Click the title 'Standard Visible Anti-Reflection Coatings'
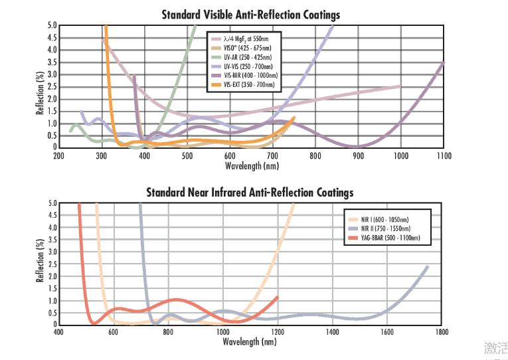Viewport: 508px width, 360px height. tap(250, 14)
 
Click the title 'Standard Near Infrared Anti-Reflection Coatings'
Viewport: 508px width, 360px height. tap(250, 193)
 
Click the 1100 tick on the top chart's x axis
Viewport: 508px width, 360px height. tap(444, 155)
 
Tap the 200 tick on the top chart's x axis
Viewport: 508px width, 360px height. tap(58, 155)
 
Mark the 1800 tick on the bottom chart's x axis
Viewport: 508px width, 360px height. tap(442, 332)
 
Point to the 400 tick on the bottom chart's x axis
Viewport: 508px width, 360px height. tap(58, 332)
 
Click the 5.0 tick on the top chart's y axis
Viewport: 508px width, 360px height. tap(52, 26)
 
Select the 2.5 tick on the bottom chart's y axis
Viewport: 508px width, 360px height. tap(52, 264)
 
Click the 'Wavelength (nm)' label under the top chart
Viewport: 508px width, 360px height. tap(252, 165)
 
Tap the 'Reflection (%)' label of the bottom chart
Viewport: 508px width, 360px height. tap(40, 263)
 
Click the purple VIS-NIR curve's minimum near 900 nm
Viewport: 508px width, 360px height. tap(357, 146)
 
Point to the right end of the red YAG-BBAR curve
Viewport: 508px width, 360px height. tap(278, 297)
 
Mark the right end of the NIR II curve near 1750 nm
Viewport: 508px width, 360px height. tap(428, 266)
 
